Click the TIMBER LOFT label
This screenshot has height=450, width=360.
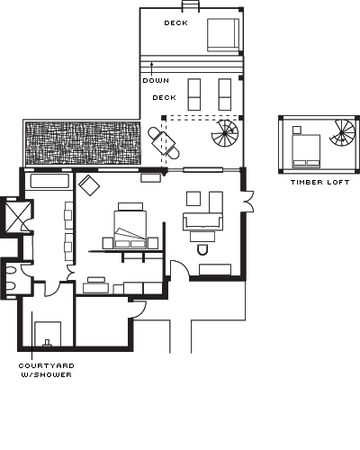(x=320, y=182)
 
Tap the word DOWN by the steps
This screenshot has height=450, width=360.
(x=156, y=80)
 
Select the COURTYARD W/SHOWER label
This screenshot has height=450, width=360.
(x=46, y=370)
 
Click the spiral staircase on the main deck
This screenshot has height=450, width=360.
(x=225, y=133)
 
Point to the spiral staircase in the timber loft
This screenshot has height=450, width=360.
(x=342, y=132)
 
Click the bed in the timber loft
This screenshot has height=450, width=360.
(x=306, y=151)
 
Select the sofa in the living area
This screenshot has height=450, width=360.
(x=202, y=221)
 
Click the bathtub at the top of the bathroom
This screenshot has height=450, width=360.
(x=49, y=181)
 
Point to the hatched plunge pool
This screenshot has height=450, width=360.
(x=83, y=143)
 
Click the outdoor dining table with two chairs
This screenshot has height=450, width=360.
(x=164, y=143)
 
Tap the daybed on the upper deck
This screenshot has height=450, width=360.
(x=223, y=35)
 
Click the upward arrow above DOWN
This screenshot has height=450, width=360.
(x=152, y=68)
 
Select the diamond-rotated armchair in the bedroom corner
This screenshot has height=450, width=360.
(x=89, y=185)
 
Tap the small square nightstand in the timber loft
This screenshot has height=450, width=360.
(x=297, y=130)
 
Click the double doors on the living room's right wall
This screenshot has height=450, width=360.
(x=248, y=201)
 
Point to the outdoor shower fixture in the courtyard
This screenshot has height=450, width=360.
(x=47, y=343)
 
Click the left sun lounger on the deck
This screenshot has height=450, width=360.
(x=194, y=94)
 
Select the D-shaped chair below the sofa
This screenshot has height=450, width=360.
(x=202, y=249)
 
